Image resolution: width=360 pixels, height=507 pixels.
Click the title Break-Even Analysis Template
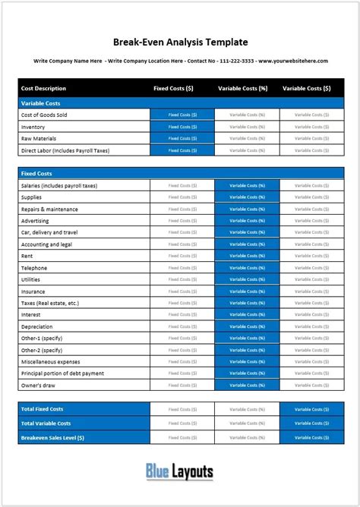[180, 43]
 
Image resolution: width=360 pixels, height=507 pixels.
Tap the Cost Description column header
[44, 88]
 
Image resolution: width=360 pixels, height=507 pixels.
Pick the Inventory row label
[33, 127]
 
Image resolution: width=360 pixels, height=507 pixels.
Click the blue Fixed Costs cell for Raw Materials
[182, 138]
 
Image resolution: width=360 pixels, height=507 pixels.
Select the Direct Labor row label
[65, 150]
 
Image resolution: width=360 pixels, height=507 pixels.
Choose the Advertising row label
[36, 221]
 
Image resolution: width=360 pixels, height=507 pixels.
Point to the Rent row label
[27, 256]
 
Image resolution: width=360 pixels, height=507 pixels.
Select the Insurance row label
[33, 291]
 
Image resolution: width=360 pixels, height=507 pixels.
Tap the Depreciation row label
[38, 327]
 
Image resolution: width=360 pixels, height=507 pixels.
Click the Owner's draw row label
[39, 386]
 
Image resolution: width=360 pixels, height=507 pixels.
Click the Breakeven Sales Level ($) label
[52, 438]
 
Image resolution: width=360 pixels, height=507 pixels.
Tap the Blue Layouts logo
[180, 472]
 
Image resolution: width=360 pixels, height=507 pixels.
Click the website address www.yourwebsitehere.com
[293, 61]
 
